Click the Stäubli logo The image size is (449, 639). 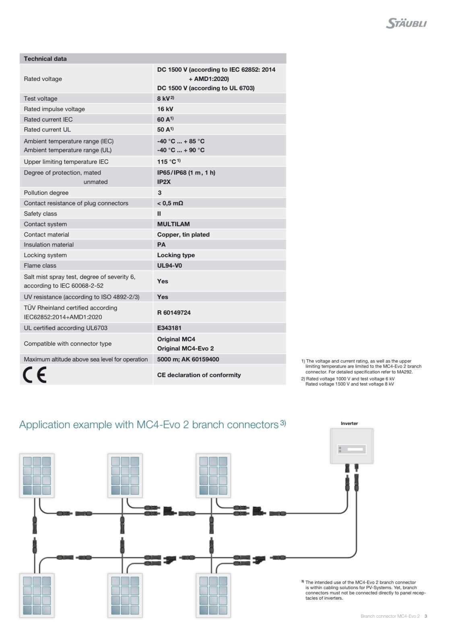[x=406, y=23]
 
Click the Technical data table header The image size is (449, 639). [x=45, y=59]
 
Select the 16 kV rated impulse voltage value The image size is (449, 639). [x=165, y=109]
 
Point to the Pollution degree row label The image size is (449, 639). [x=46, y=193]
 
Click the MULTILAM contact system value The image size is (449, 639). [x=173, y=224]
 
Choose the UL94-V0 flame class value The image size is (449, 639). [x=169, y=266]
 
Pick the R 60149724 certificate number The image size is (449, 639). [x=174, y=313]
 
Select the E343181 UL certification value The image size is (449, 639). [x=169, y=328]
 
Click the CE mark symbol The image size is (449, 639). [x=35, y=375]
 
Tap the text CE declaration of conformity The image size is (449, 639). [x=199, y=375]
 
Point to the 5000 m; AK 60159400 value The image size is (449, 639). [x=188, y=359]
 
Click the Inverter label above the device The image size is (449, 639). [x=349, y=423]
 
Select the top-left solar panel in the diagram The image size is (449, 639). [x=37, y=475]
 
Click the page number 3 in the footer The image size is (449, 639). [x=426, y=616]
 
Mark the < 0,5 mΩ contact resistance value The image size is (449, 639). [x=170, y=203]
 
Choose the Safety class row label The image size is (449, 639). [x=40, y=214]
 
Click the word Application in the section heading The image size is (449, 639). [x=44, y=425]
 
